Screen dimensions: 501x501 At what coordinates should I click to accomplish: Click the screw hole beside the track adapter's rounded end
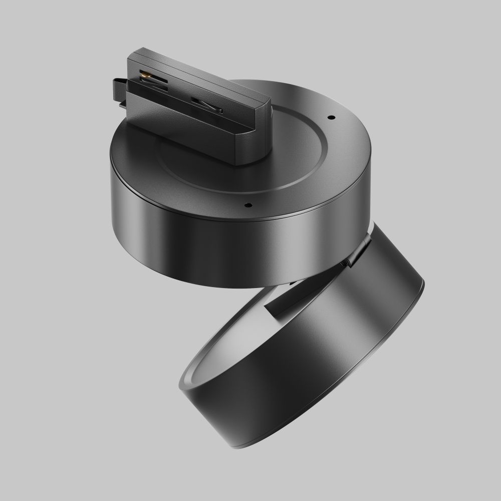(x=331, y=117)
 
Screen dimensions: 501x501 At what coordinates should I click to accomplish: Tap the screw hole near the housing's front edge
(x=247, y=204)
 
